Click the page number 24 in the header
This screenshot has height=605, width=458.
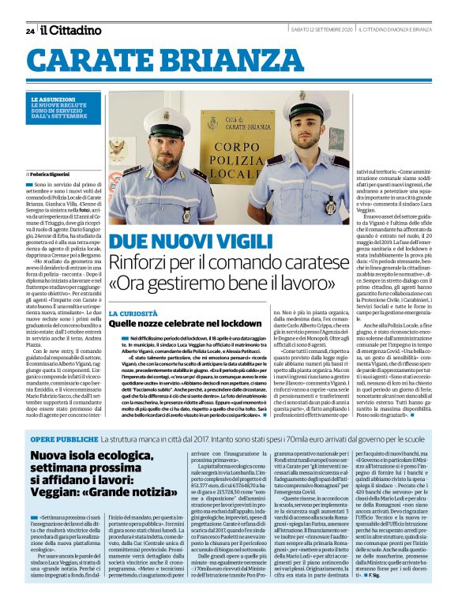(x=30, y=31)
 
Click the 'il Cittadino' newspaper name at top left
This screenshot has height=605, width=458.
(x=71, y=30)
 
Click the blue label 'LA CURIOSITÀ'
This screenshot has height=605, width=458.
(x=131, y=313)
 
